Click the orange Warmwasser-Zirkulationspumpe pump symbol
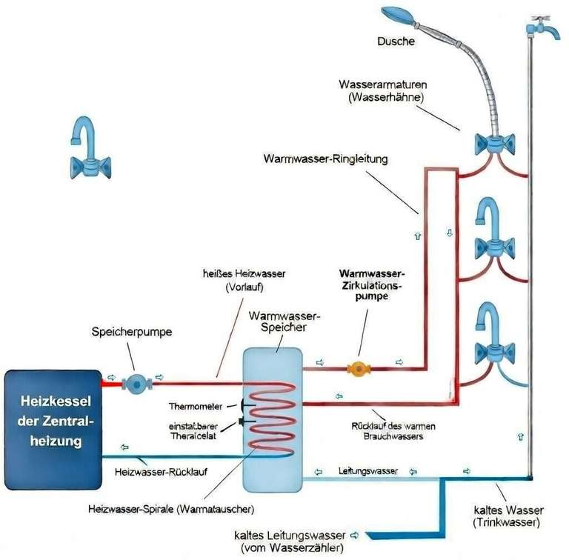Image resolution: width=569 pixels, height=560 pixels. coord(359,367)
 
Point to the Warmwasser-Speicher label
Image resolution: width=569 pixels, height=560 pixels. coord(274,323)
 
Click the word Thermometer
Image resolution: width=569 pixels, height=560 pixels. coord(193,406)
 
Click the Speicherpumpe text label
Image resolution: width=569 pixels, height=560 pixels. coord(132,333)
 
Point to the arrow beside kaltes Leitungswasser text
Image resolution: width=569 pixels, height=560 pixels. coord(354,534)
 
